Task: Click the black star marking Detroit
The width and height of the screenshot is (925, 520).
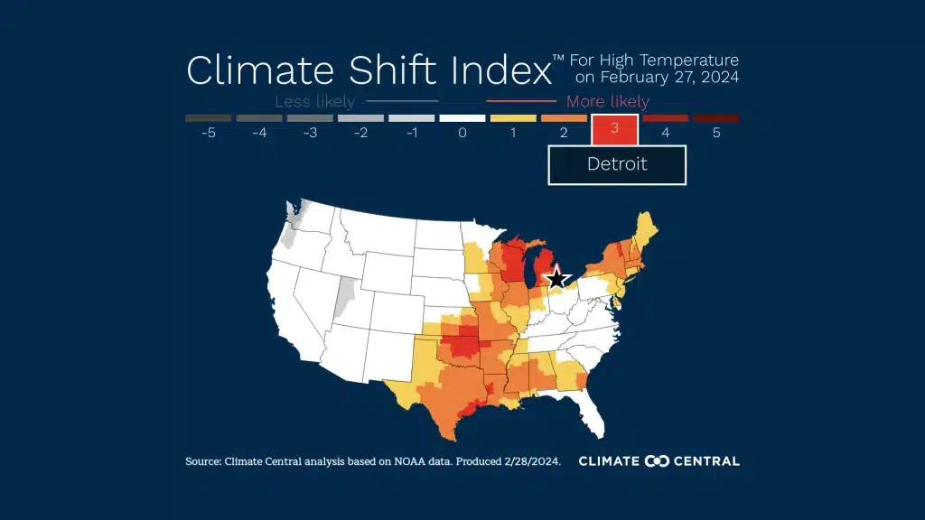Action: (557, 278)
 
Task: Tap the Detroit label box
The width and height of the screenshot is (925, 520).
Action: (617, 164)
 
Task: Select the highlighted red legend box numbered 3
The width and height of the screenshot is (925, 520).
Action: (615, 128)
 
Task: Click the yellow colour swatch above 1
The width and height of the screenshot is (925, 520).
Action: (513, 118)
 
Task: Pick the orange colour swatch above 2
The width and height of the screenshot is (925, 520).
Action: (564, 118)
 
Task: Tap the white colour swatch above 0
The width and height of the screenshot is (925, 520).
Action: (462, 118)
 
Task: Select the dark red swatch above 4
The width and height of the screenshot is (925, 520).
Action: (666, 118)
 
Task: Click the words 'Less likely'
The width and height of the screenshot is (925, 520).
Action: (314, 102)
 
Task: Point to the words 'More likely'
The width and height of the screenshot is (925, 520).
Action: (607, 102)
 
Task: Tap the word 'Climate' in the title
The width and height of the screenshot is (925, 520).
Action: (245, 70)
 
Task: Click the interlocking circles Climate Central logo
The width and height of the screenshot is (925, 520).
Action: (657, 461)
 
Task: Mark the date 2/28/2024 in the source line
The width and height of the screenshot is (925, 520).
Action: (528, 461)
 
